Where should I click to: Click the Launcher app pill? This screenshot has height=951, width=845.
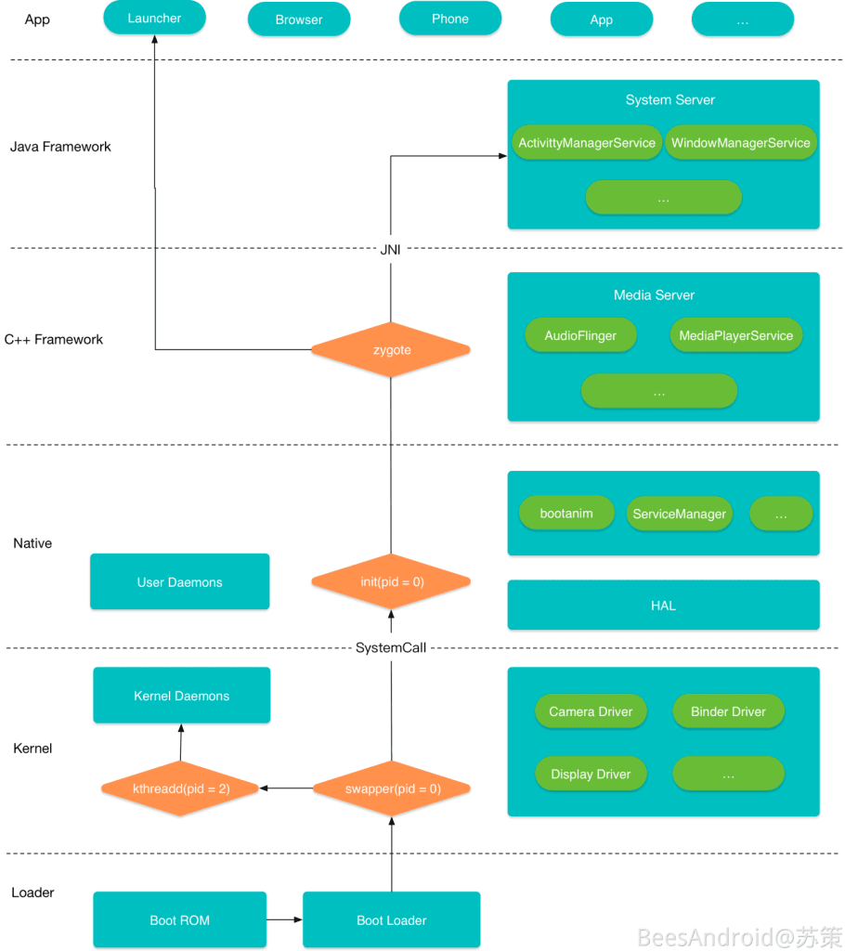pos(154,18)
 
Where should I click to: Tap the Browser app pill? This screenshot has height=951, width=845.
pos(299,20)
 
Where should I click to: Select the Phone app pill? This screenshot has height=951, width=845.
pos(449,19)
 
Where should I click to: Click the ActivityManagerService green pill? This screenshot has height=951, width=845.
pos(587,143)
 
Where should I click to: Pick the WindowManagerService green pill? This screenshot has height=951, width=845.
pos(741,143)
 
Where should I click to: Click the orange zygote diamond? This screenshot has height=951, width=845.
pos(390,350)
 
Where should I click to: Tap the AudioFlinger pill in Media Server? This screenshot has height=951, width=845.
pos(580,336)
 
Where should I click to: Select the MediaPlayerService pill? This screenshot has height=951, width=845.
pos(735,336)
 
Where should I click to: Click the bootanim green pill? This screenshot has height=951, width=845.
pos(566,514)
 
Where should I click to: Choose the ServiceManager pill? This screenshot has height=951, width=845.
pos(679,514)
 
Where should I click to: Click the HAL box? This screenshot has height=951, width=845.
pos(663,606)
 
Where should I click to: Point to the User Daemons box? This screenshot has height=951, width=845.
pos(180,582)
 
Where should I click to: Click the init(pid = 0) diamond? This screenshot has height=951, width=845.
pos(390,582)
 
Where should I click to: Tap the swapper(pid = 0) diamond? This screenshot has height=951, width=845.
pos(392,789)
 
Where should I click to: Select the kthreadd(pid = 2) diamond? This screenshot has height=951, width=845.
pos(180,789)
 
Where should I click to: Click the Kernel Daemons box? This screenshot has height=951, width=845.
pos(181,696)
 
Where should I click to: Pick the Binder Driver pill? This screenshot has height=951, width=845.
pos(728,711)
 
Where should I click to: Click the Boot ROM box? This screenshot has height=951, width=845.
pos(180,920)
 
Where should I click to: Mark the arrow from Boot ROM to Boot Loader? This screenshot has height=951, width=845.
pos(284,920)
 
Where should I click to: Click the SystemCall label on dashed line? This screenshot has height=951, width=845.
pos(390,647)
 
